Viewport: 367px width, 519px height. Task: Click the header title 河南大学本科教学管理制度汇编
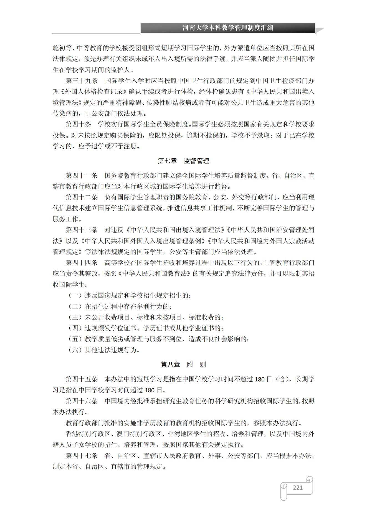228,28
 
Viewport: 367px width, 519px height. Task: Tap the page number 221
298,487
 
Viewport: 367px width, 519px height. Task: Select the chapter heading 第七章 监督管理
183,161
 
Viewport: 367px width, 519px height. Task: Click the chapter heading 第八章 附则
183,364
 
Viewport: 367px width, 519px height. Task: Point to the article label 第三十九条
82,81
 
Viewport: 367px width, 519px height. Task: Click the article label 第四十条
79,124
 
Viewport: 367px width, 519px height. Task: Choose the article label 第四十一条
82,176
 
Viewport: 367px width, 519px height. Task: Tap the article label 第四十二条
82,197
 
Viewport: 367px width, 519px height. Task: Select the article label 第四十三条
82,230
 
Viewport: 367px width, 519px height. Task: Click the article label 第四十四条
82,263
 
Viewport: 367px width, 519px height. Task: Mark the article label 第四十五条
82,379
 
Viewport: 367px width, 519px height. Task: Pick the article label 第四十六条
82,401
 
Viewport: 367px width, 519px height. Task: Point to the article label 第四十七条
82,456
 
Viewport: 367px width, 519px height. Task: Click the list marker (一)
75,295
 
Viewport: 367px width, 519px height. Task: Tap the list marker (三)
75,317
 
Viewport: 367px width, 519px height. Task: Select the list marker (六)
75,350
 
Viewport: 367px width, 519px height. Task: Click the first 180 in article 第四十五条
260,379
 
